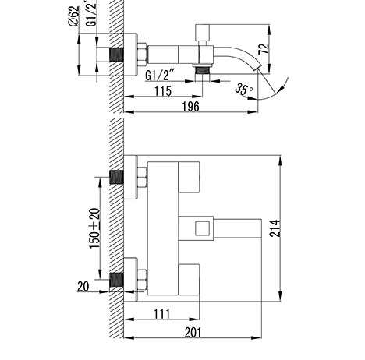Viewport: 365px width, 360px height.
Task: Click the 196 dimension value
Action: tap(190, 107)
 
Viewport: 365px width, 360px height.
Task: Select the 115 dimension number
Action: tap(163, 91)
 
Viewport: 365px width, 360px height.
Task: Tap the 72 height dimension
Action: tap(264, 49)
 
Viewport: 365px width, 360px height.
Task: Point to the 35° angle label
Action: tap(243, 89)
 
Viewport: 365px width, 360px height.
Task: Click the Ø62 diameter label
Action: tap(73, 16)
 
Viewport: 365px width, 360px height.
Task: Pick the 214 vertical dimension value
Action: tap(275, 228)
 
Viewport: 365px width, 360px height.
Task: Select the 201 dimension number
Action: tap(193, 333)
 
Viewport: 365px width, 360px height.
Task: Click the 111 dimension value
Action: tap(162, 314)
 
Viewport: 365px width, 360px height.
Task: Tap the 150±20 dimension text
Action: tap(94, 228)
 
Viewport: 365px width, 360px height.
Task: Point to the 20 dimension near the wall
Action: tap(83, 287)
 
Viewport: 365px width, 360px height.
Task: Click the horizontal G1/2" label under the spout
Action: tap(159, 76)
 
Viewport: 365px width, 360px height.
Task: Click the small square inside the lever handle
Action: tap(202, 228)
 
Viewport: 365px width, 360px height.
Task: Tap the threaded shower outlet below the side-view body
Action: tap(202, 69)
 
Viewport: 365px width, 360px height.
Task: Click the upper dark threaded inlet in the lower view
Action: tap(116, 177)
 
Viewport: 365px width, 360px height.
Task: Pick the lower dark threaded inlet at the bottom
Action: tap(116, 280)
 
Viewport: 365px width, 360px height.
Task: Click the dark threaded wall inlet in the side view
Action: tap(116, 55)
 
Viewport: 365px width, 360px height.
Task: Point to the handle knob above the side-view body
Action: tap(202, 33)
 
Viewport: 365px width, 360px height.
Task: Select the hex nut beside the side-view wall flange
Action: tap(142, 55)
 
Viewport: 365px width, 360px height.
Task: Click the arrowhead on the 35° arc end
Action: tap(280, 90)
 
